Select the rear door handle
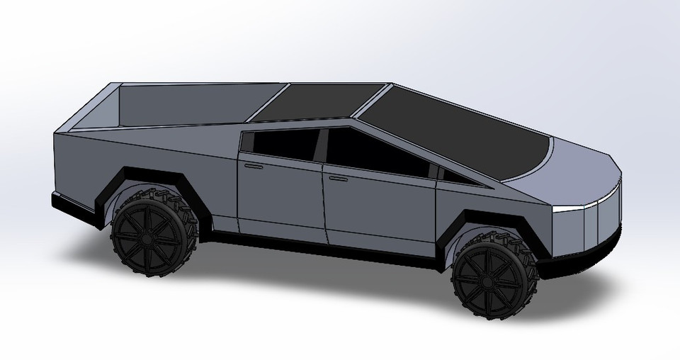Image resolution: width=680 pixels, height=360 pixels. click(x=253, y=165)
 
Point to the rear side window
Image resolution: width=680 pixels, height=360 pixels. click(x=283, y=145)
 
